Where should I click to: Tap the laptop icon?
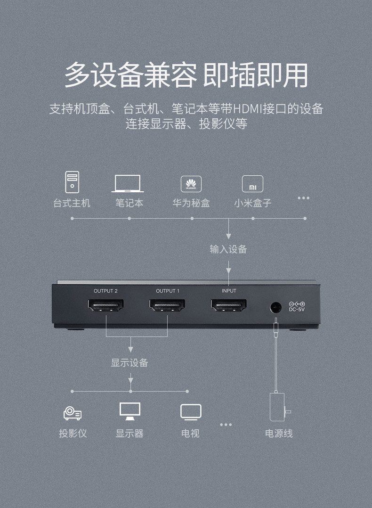click(x=128, y=183)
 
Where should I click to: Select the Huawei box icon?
click(x=191, y=183)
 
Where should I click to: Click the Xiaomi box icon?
click(x=252, y=184)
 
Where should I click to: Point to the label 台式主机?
click(x=72, y=203)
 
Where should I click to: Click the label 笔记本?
click(x=129, y=203)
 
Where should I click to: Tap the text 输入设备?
click(x=228, y=249)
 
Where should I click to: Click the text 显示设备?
click(x=129, y=363)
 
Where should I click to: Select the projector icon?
click(x=73, y=413)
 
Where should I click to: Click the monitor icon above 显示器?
click(x=130, y=411)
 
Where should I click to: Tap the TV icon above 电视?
click(x=191, y=412)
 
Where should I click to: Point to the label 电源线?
click(x=279, y=434)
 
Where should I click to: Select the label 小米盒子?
click(x=253, y=203)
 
